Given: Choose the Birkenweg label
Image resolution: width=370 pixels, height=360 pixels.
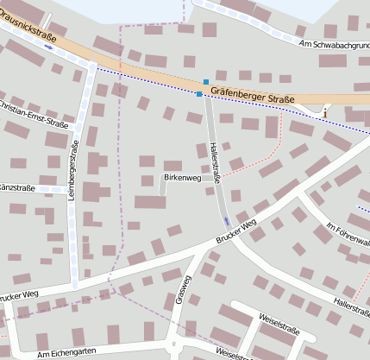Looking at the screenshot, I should click(179, 178).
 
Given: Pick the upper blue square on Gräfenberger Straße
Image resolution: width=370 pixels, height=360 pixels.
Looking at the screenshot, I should click(205, 82).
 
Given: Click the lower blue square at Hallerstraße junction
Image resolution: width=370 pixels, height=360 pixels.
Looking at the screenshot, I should click(199, 93).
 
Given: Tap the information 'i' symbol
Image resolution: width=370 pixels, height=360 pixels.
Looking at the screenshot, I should click(325, 111).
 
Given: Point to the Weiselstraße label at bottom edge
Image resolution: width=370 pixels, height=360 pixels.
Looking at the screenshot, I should click(235, 354).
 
